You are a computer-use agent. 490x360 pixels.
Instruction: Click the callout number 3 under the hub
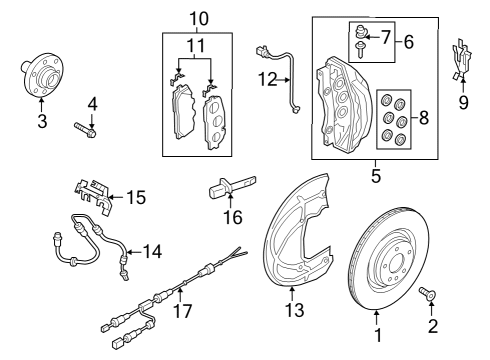[42, 121]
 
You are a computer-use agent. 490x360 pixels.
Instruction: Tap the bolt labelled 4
[85, 130]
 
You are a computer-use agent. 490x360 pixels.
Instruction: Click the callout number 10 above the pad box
[199, 19]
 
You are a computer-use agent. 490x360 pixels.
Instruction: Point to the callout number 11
[196, 45]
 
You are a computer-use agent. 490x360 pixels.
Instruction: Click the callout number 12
[268, 80]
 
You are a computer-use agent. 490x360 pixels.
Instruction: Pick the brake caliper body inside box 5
[343, 105]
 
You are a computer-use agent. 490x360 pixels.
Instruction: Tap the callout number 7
[386, 37]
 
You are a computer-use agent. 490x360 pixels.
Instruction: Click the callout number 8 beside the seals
[424, 118]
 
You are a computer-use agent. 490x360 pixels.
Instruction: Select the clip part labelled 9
[462, 60]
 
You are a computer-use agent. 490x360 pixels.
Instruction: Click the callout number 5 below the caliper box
[376, 176]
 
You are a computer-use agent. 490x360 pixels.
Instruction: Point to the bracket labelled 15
[92, 197]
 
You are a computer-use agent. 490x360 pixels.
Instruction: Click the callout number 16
[233, 218]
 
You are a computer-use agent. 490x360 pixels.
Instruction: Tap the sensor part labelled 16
[232, 186]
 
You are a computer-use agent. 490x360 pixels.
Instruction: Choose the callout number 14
[152, 251]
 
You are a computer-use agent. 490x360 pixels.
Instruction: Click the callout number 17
[183, 311]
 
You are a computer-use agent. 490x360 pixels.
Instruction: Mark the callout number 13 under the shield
[295, 310]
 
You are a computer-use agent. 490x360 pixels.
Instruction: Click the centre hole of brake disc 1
[396, 264]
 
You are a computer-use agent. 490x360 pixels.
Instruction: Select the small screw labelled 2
[427, 293]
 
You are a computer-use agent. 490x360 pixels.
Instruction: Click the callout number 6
[409, 42]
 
